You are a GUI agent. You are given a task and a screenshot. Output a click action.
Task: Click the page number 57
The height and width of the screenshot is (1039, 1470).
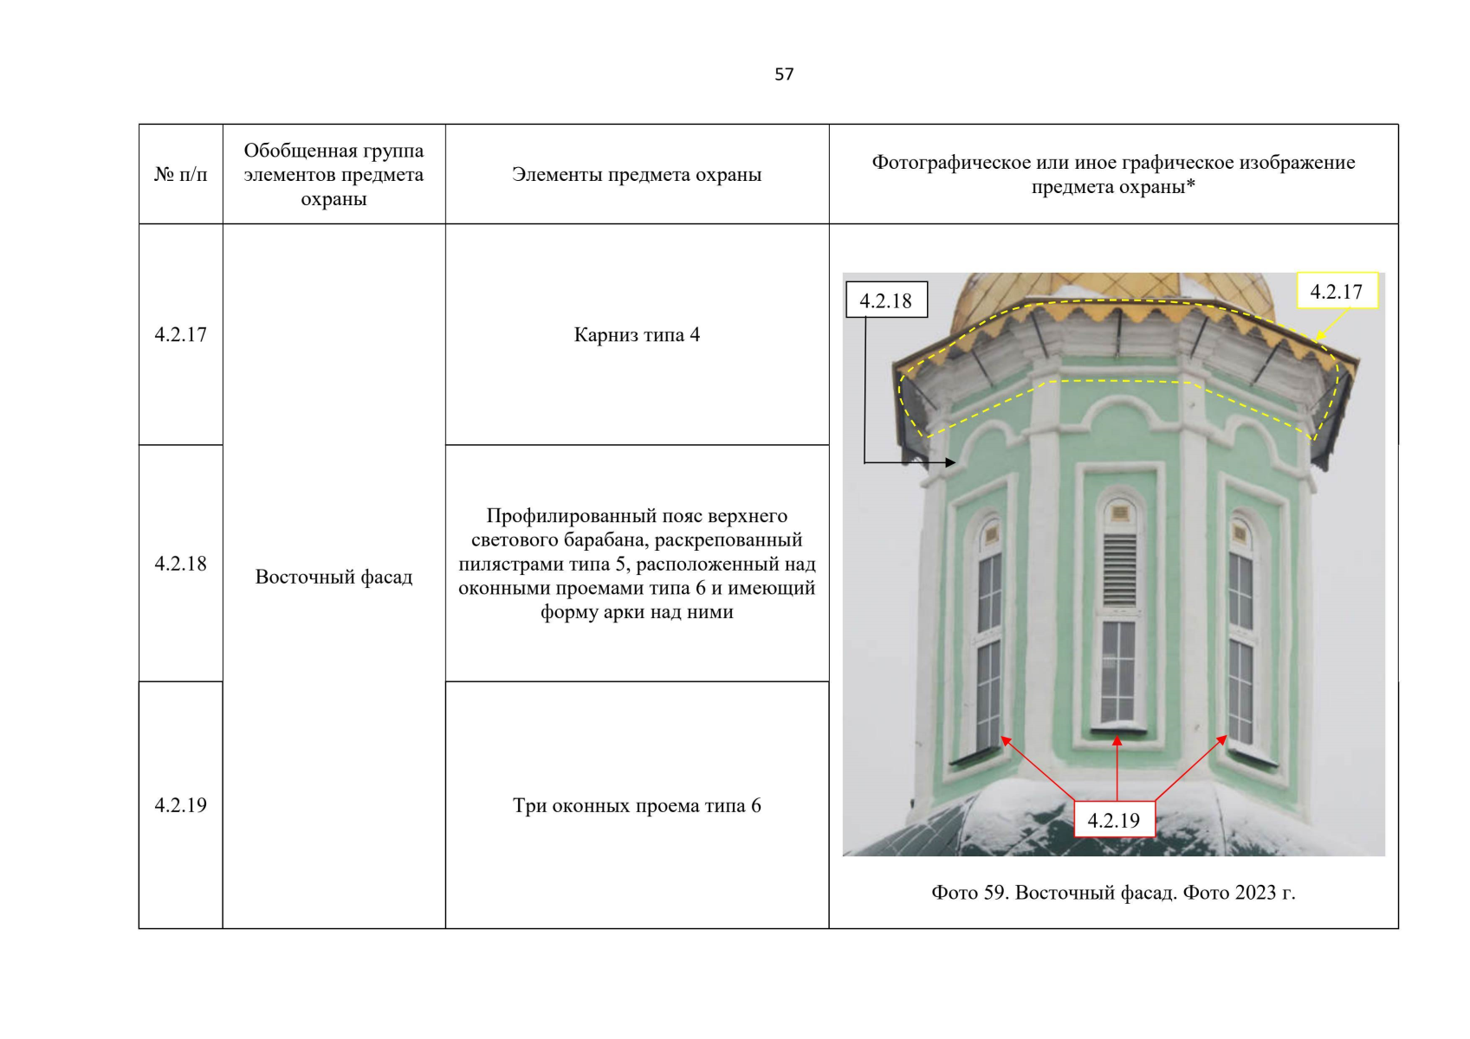click(x=783, y=74)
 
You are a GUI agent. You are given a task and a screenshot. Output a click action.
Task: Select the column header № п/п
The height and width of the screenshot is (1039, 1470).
click(x=180, y=175)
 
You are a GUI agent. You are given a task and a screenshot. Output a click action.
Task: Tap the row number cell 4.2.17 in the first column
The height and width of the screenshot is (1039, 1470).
click(x=180, y=335)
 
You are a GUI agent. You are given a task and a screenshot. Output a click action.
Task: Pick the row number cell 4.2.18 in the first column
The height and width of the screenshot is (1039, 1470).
click(x=180, y=564)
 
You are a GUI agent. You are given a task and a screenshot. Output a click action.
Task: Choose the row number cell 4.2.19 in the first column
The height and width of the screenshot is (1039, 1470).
click(x=180, y=805)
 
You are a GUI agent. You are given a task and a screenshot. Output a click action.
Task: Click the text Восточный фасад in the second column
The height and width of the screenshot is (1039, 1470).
click(x=334, y=578)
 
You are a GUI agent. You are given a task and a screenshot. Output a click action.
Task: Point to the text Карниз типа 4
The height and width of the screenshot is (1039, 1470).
click(x=637, y=335)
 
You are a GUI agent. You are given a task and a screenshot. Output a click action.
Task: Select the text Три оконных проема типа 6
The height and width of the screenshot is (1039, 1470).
click(x=637, y=806)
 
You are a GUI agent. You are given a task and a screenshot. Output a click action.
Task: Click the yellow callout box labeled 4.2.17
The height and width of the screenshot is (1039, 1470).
click(x=1336, y=292)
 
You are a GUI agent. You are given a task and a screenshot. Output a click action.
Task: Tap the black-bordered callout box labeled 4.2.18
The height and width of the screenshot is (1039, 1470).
click(x=885, y=300)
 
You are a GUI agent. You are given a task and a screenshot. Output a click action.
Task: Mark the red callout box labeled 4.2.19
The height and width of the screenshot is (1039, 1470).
click(x=1113, y=820)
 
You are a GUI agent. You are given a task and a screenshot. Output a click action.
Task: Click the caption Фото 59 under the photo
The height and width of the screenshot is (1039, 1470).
click(x=1113, y=893)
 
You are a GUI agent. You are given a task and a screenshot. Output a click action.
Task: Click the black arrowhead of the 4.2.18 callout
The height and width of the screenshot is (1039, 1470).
click(x=950, y=462)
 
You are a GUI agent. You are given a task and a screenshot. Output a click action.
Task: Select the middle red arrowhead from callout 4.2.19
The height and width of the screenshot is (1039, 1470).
click(x=1117, y=741)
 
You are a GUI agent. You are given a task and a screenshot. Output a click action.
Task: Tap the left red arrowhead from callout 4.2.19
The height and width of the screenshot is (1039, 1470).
click(x=1005, y=740)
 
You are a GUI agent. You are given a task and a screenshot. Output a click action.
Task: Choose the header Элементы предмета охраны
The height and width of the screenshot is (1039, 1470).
click(x=637, y=175)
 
